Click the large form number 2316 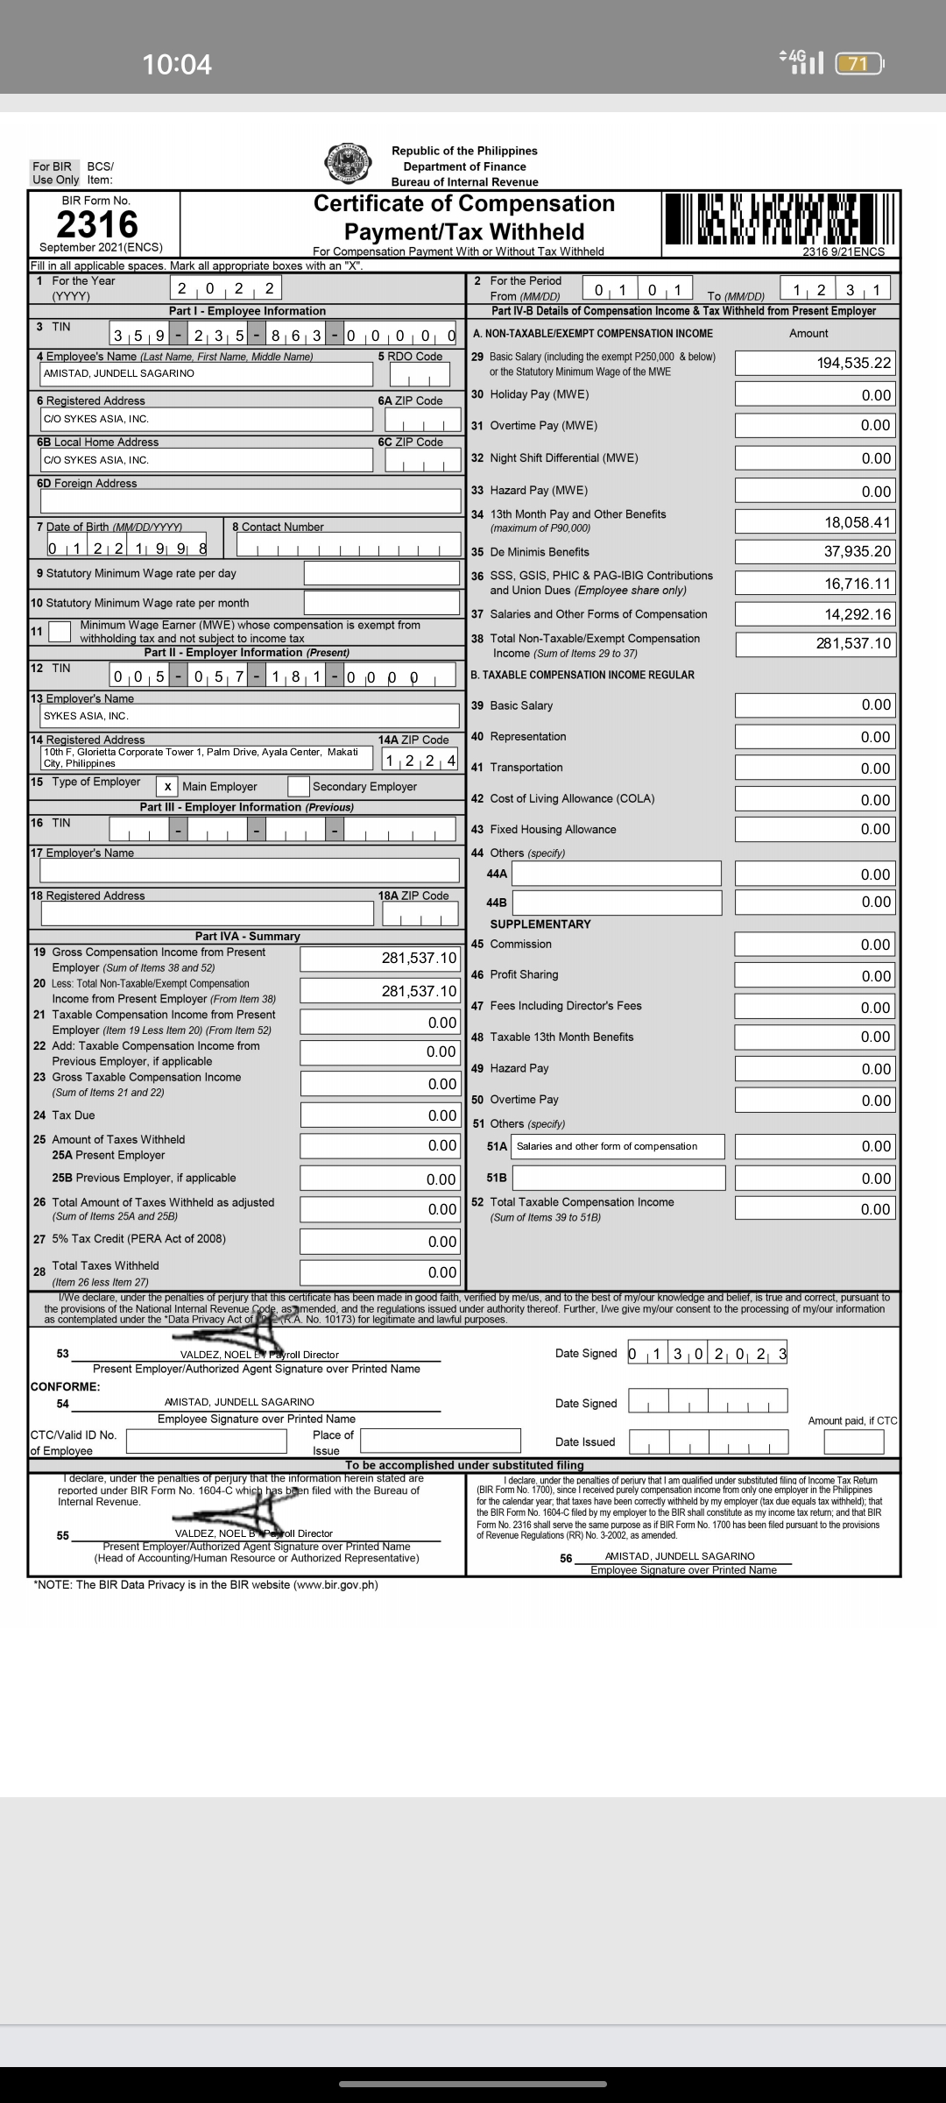[97, 224]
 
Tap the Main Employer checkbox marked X [167, 787]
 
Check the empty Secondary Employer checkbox [299, 786]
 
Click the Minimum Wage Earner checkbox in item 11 [60, 631]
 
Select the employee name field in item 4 [207, 373]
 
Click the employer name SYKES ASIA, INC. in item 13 [86, 716]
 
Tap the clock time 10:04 [177, 64]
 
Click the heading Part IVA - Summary [247, 937]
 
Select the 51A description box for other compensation [618, 1146]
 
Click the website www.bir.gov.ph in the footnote [335, 1584]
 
